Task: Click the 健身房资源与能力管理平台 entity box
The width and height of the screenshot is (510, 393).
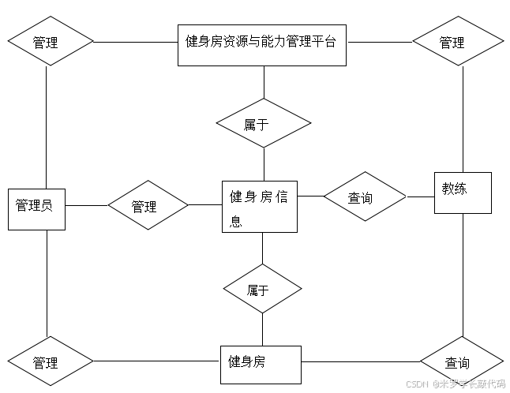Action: pyautogui.click(x=261, y=44)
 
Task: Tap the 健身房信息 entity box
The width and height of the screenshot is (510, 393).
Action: pyautogui.click(x=259, y=207)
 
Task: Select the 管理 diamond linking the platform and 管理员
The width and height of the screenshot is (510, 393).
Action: pyautogui.click(x=51, y=40)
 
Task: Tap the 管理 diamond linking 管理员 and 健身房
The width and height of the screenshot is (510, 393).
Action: pyautogui.click(x=49, y=362)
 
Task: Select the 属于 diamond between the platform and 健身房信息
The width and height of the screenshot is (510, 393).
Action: pyautogui.click(x=264, y=124)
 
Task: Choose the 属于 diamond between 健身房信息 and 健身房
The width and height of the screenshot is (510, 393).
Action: pyautogui.click(x=262, y=290)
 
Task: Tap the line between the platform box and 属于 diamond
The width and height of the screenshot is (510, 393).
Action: pyautogui.click(x=264, y=82)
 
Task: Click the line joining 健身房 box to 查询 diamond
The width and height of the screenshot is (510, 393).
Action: pyautogui.click(x=359, y=362)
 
